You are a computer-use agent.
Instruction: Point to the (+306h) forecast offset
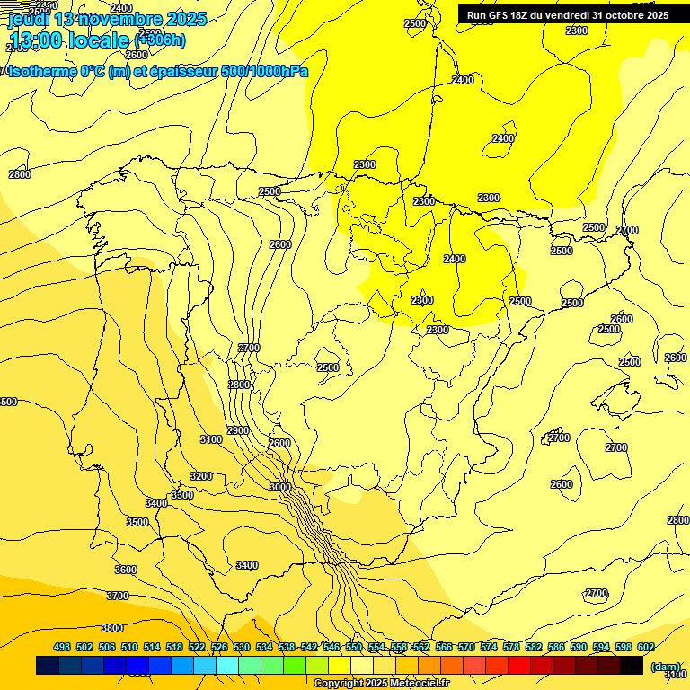coord(159,39)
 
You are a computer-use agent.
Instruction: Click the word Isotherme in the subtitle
coord(43,71)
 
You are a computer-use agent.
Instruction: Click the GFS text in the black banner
coord(501,15)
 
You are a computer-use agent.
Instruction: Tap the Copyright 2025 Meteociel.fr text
coord(381,684)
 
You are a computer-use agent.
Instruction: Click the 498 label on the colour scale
coord(62,647)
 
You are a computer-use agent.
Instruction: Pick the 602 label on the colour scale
coord(646,647)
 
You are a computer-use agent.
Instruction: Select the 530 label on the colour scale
coord(242,647)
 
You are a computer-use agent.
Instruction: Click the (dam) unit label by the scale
coord(666,667)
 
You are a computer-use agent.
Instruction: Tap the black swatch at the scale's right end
coord(632,666)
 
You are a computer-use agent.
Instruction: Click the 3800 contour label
coord(112,628)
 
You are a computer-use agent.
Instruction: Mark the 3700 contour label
coord(118,596)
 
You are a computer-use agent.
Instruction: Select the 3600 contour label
coord(126,570)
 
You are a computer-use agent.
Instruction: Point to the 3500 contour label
coord(137,522)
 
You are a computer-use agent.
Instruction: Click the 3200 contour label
coord(201,476)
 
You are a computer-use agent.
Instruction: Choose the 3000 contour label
coord(280,487)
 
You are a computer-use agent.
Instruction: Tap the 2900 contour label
coord(238,430)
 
